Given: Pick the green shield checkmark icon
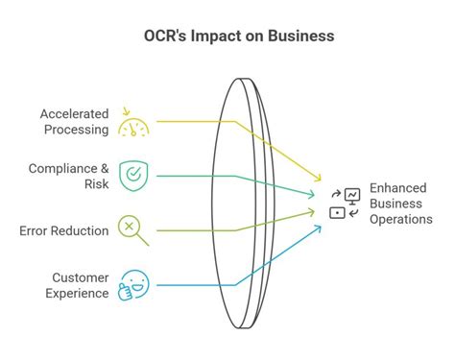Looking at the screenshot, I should [132, 175].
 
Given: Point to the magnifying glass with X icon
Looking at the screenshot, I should [132, 230].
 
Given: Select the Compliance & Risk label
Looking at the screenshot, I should [70, 176].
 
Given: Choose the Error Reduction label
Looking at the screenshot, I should [63, 229].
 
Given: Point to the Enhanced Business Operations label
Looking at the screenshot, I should [401, 204].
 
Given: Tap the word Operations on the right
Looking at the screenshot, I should [401, 219].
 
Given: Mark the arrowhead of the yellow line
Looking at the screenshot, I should [320, 180].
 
